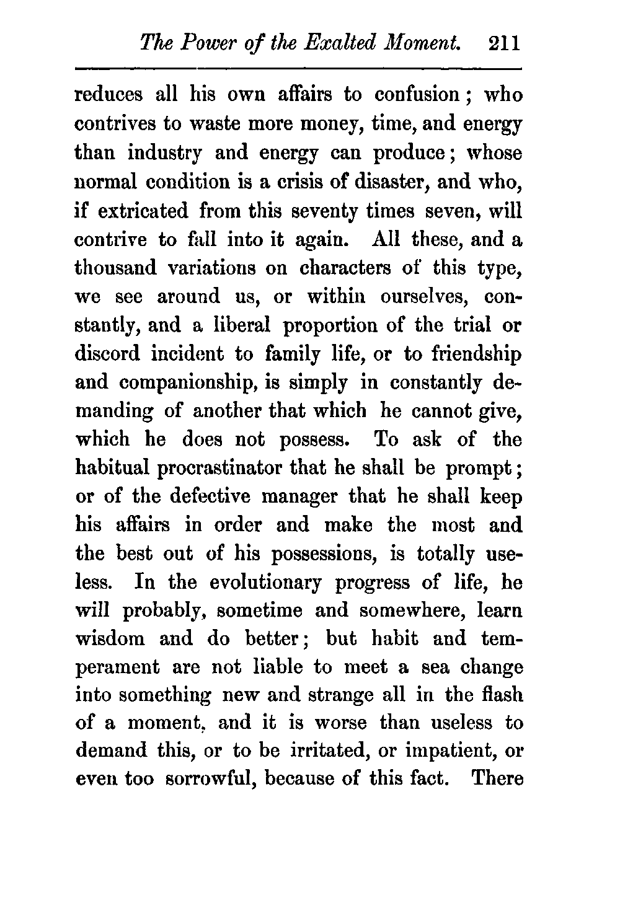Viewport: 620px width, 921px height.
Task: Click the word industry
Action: tap(178, 154)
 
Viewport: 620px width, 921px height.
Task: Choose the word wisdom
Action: tap(110, 639)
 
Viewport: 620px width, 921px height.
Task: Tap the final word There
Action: tap(497, 779)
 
